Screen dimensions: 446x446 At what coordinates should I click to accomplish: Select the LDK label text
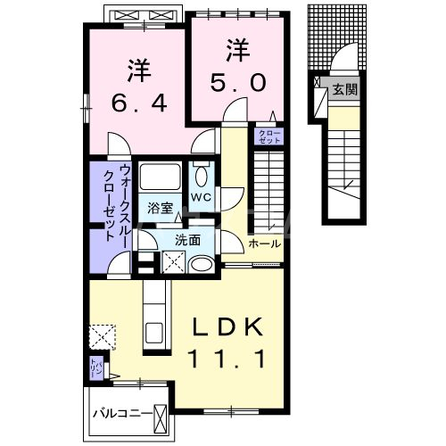pyautogui.click(x=228, y=330)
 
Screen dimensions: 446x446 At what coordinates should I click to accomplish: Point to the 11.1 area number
pyautogui.click(x=228, y=361)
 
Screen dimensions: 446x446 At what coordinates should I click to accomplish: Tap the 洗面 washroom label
pyautogui.click(x=187, y=239)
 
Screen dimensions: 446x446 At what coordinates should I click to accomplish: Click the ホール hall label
pyautogui.click(x=265, y=244)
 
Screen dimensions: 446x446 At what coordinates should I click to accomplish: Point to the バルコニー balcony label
pyautogui.click(x=122, y=414)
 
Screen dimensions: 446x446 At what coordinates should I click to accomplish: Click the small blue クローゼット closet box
pyautogui.click(x=268, y=136)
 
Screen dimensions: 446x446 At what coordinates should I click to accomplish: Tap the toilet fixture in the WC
pyautogui.click(x=202, y=176)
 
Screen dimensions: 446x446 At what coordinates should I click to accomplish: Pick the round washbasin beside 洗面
pyautogui.click(x=202, y=264)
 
